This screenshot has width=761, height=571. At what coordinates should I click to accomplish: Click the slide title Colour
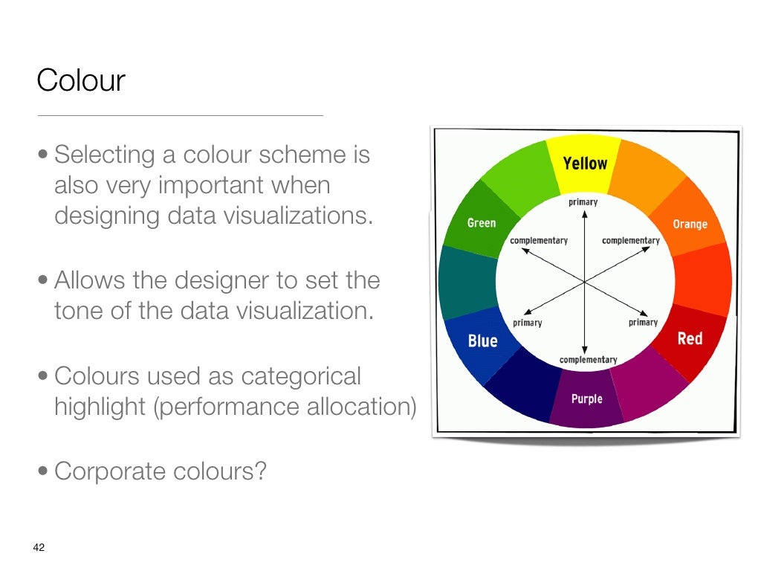point(81,80)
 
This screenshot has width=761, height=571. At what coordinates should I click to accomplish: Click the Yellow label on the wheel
point(585,163)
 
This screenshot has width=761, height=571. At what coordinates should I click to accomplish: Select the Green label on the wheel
point(481,222)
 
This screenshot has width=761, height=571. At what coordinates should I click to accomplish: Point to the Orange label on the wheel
point(690,224)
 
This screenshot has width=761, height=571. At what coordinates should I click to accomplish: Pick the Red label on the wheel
point(690,339)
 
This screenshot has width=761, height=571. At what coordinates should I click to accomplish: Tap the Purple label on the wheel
point(586,399)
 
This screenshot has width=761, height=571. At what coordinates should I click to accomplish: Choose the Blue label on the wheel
point(482,341)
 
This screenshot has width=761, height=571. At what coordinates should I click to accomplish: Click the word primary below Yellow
point(583,201)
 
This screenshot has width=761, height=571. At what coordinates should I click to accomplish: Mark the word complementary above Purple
point(588,360)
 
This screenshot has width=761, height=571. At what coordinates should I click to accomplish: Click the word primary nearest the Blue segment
point(527,323)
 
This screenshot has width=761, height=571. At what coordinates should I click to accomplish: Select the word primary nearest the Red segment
point(643,322)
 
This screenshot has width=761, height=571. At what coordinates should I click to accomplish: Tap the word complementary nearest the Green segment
point(539,240)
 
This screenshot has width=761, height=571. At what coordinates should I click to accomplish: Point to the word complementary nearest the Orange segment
point(630,240)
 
